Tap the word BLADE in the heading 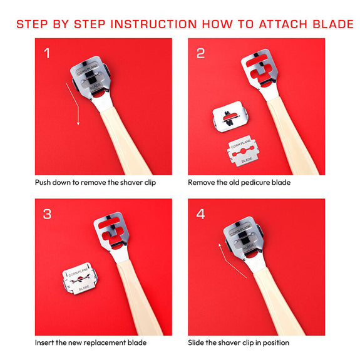coord(333,24)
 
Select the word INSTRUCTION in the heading coord(153,24)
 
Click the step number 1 coord(47,53)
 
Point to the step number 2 coord(200,53)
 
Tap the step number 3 coord(48,214)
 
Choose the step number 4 coord(200,214)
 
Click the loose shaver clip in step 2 coord(230,116)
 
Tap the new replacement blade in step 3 coord(80,278)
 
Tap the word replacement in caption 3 coord(105,342)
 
